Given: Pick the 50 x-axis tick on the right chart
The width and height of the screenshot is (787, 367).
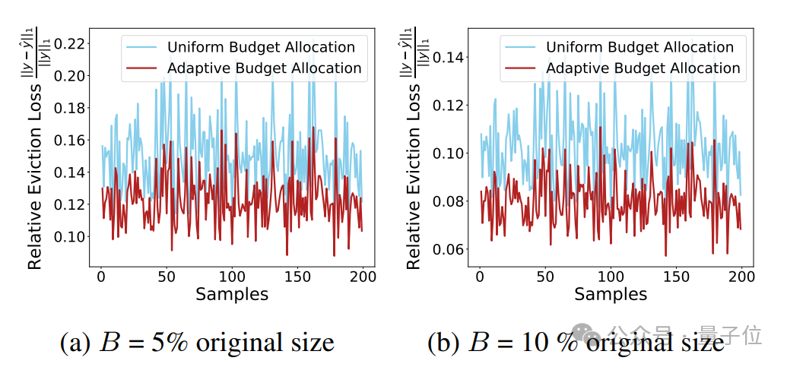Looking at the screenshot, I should (x=544, y=277).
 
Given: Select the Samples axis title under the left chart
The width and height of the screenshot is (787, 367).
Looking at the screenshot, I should (x=232, y=294).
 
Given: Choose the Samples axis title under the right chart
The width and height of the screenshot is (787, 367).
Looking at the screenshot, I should (x=611, y=294).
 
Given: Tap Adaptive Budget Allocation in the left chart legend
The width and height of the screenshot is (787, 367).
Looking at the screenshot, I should (x=264, y=68).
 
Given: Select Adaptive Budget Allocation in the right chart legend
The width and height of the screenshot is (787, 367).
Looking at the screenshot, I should (x=643, y=68).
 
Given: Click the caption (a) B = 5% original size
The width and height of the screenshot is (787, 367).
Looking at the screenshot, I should (x=197, y=342).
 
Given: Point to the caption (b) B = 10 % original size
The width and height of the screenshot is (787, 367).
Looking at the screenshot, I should (x=576, y=342).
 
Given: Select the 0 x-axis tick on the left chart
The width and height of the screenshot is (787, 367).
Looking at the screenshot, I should (x=101, y=277).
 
